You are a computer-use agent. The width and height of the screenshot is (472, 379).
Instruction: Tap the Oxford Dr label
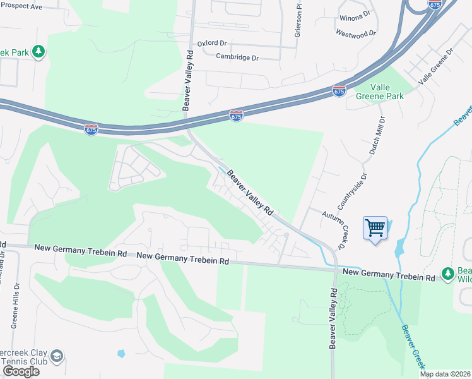pyautogui.click(x=211, y=44)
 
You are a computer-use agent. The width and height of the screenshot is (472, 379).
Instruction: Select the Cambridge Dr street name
pyautogui.click(x=237, y=57)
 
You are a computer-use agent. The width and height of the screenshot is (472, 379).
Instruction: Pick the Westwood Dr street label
pyautogui.click(x=356, y=33)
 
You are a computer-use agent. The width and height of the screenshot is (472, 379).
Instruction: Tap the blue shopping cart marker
pyautogui.click(x=375, y=227)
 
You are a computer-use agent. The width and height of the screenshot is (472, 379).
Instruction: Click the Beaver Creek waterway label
pyautogui.click(x=414, y=347)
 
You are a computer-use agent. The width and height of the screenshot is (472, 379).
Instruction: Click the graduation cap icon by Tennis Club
pyautogui.click(x=56, y=356)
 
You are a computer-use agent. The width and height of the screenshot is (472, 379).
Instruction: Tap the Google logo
pyautogui.click(x=21, y=371)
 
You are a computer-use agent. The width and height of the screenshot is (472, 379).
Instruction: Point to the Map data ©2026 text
pyautogui.click(x=445, y=374)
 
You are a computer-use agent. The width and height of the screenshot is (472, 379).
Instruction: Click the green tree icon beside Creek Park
pyautogui.click(x=38, y=51)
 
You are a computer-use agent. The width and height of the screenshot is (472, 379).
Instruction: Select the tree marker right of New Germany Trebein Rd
pyautogui.click(x=447, y=273)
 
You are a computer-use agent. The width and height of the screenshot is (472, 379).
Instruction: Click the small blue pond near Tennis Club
pyautogui.click(x=121, y=354)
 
